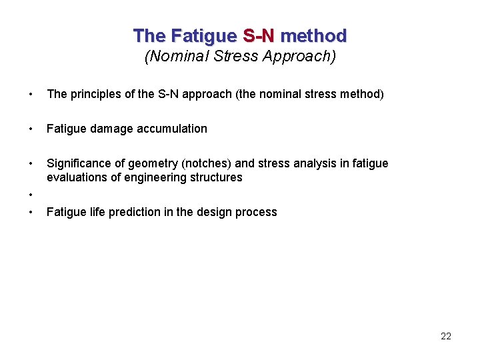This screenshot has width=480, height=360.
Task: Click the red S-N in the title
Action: point(259,35)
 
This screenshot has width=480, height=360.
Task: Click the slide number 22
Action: point(446,336)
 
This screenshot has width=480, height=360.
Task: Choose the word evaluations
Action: point(75,177)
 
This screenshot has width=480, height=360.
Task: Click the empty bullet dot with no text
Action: point(31,195)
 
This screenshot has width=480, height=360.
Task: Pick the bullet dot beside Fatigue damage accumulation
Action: point(31,129)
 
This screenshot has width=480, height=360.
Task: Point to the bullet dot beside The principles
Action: point(31,94)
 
